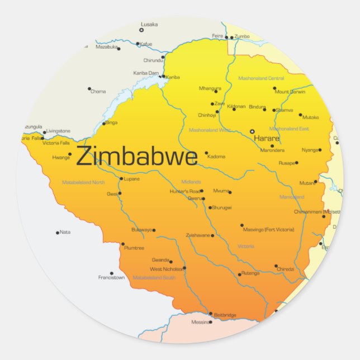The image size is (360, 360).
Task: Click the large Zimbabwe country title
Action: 136,157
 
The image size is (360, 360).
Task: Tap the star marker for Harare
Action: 252,131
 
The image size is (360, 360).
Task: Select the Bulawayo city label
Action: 141,230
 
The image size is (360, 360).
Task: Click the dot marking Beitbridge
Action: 211,314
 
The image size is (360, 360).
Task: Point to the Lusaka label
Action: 149,25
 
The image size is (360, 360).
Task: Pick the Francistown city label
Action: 111,277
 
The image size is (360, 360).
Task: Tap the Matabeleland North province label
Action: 83,182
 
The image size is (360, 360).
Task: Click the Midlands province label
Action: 191,182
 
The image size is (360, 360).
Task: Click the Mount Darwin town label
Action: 290,92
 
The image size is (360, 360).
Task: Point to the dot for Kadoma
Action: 206,153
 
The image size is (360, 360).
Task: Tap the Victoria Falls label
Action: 55,143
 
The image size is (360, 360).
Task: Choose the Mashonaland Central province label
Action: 261,78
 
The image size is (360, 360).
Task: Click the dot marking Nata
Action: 58,233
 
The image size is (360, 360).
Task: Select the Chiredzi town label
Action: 285,269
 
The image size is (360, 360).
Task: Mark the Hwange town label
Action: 61,158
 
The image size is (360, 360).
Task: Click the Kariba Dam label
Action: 146,73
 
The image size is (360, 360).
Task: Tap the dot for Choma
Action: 89,88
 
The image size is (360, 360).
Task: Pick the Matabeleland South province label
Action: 154,277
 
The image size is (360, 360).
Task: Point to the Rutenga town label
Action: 250,273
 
